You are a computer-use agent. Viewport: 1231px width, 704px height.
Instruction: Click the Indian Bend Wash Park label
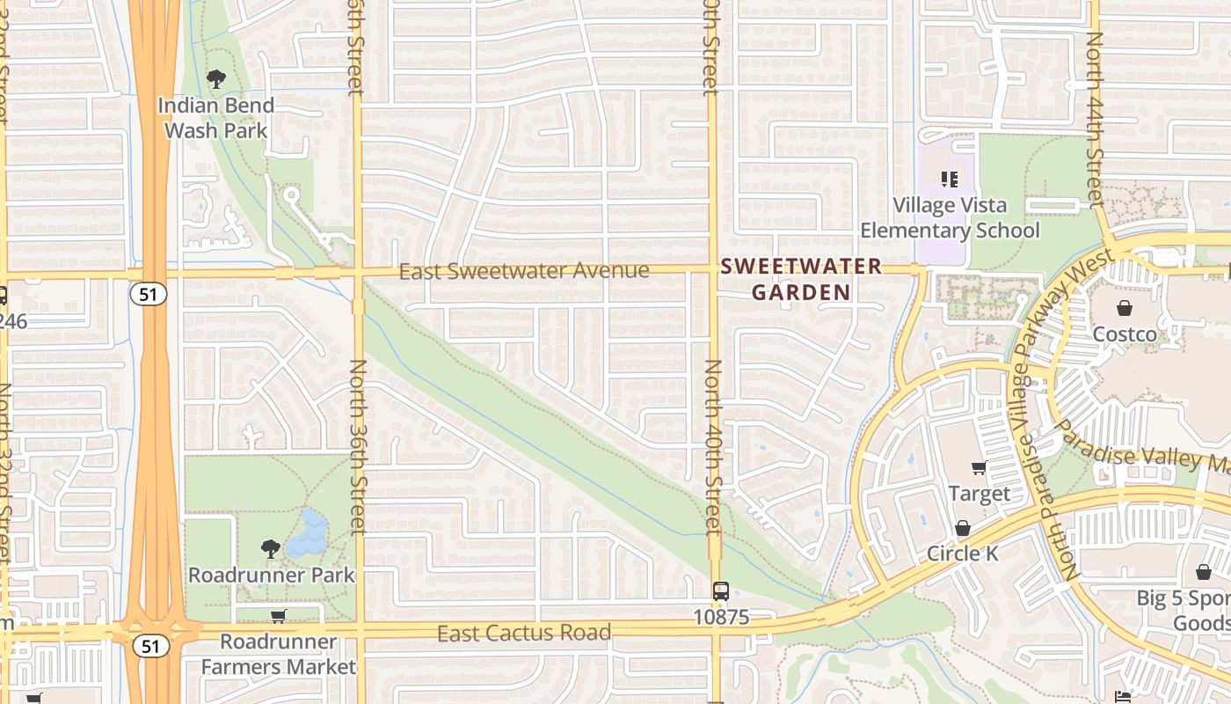pos(216,118)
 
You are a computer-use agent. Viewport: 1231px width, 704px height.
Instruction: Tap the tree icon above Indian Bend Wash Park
pos(216,80)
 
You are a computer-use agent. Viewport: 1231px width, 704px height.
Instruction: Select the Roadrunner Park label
pos(272,575)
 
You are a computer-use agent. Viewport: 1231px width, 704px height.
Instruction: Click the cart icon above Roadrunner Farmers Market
pos(278,616)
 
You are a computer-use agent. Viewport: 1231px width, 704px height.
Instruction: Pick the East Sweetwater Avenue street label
pos(524,270)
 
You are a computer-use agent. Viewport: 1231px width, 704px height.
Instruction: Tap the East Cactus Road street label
pos(524,632)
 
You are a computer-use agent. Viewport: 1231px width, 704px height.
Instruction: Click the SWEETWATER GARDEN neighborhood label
pos(801,278)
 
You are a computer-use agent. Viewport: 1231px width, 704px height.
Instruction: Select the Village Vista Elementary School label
pos(950,217)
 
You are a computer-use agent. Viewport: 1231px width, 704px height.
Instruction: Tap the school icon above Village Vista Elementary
pos(950,180)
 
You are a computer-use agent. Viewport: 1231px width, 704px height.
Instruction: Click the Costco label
pos(1125,334)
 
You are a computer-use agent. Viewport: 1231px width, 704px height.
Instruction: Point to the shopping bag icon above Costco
pos(1125,307)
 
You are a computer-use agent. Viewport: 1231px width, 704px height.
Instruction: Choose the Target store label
pos(979,494)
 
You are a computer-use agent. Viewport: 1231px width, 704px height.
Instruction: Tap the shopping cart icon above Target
pos(979,467)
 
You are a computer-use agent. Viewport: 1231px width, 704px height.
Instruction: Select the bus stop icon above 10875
pos(721,591)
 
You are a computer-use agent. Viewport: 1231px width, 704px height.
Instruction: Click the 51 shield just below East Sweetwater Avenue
pos(149,294)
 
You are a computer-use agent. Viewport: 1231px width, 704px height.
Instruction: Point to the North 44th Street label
pos(1095,121)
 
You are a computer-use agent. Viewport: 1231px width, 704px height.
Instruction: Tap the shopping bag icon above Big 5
pos(1204,573)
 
